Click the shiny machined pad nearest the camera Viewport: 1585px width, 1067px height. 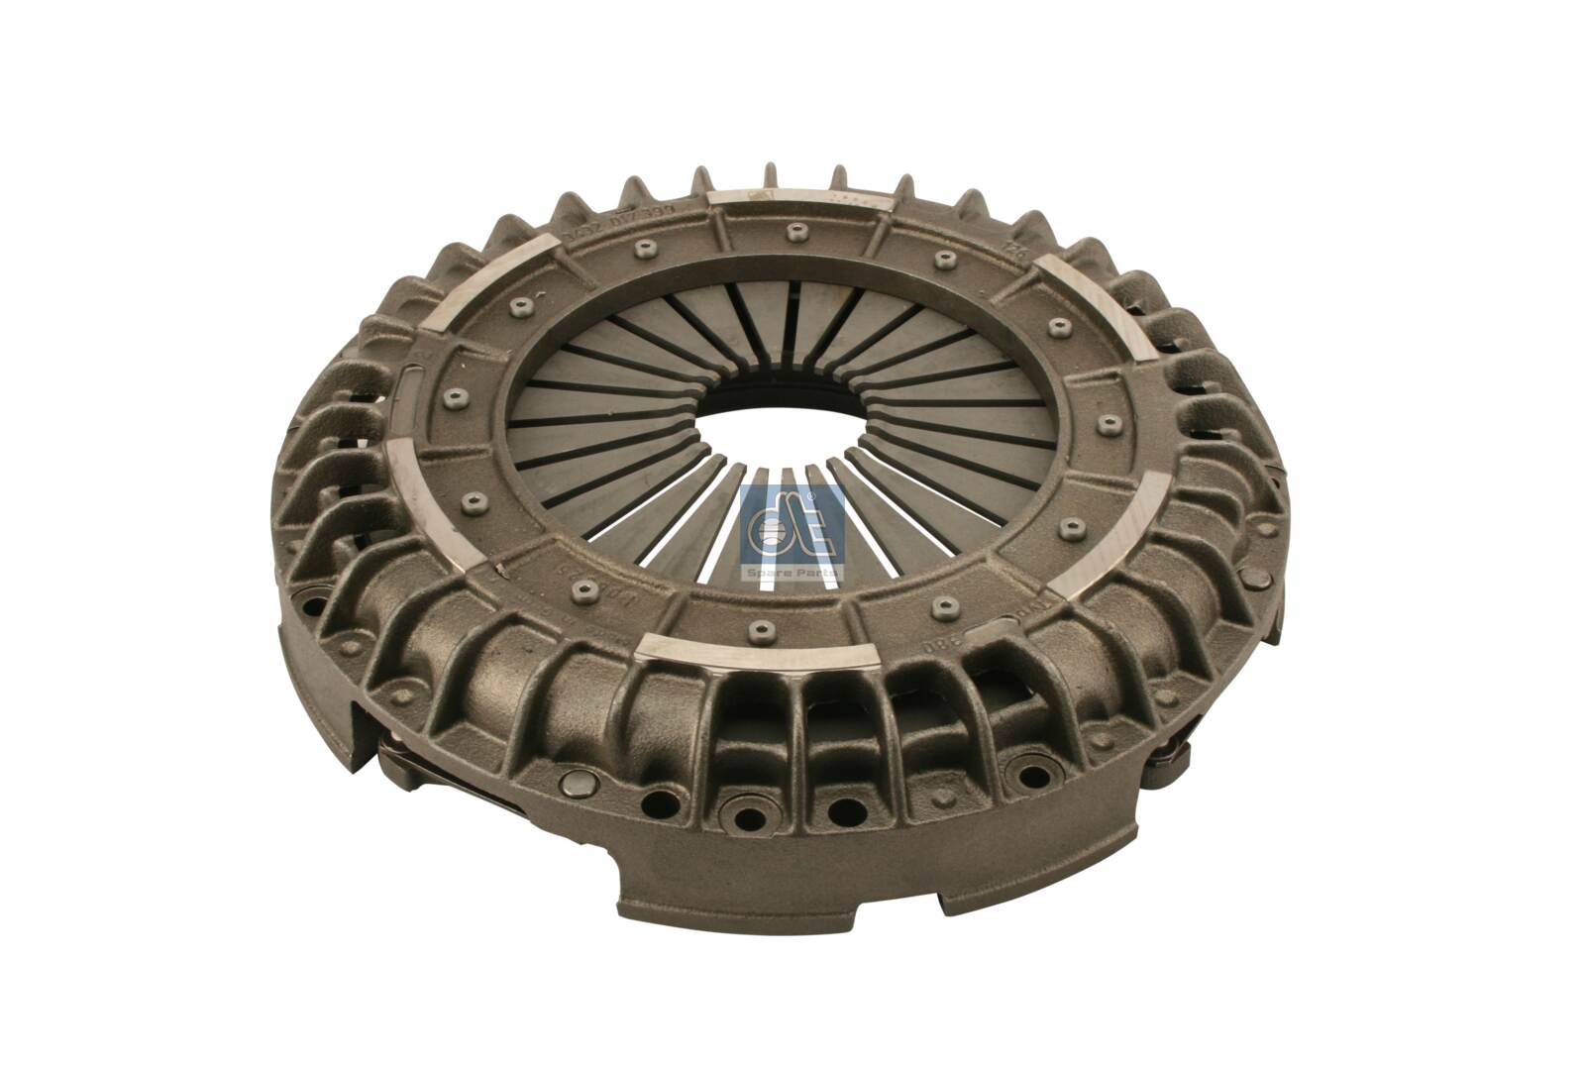click(758, 651)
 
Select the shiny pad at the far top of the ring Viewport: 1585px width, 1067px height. click(796, 201)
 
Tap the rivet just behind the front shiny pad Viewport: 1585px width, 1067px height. click(758, 626)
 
